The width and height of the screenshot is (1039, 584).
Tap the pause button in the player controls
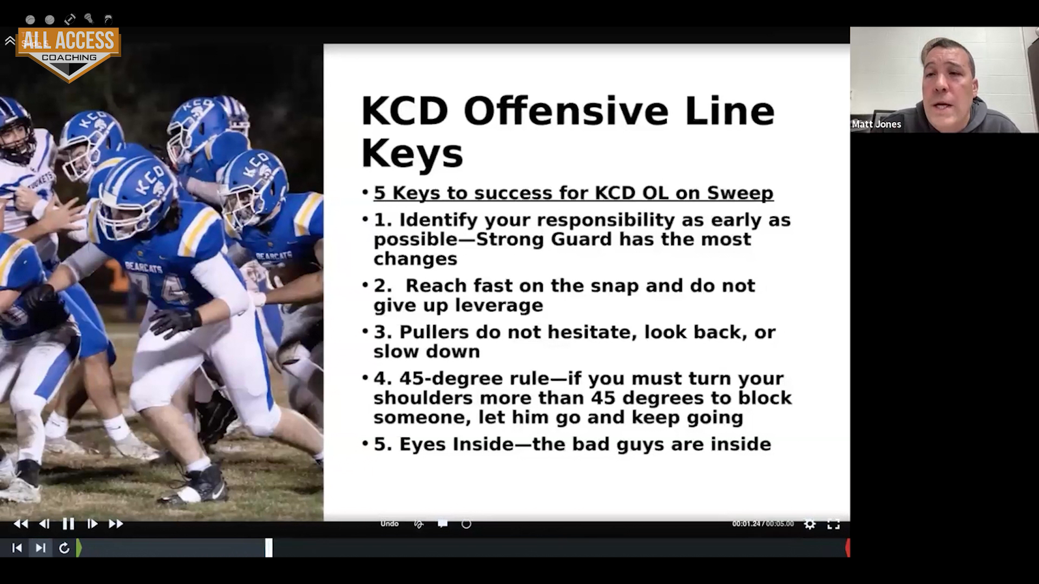click(68, 523)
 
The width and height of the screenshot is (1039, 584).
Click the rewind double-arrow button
click(21, 523)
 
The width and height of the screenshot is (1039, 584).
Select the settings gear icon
click(810, 523)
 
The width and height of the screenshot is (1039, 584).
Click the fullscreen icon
click(834, 524)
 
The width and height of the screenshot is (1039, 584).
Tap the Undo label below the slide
click(390, 523)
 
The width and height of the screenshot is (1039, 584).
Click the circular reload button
click(64, 548)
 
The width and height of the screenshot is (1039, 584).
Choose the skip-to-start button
click(17, 548)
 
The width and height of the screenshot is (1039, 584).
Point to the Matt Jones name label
click(877, 124)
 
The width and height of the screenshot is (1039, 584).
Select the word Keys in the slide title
click(412, 154)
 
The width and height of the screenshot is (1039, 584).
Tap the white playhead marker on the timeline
click(269, 548)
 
